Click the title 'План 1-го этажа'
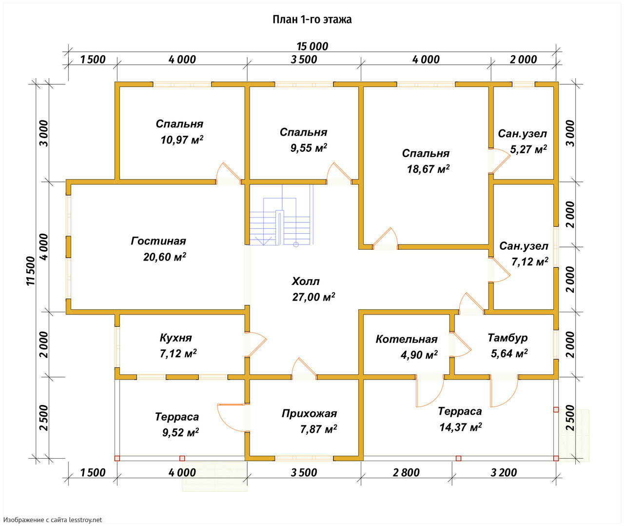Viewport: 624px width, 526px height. click(312, 20)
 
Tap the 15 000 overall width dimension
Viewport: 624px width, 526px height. click(312, 46)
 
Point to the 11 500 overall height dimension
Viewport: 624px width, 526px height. click(31, 271)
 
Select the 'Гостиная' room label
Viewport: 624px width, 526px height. click(158, 241)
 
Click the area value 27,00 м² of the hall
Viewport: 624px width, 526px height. click(313, 297)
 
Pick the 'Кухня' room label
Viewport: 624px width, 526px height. click(175, 338)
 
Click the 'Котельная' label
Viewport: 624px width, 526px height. click(407, 339)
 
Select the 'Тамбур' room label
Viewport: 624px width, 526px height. click(507, 338)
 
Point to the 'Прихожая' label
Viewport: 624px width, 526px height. click(309, 414)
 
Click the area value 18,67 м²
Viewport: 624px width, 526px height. click(428, 169)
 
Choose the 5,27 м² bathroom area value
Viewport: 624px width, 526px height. click(528, 149)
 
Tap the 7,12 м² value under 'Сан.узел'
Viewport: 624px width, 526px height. click(529, 262)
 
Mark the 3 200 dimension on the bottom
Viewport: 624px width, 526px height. click(504, 472)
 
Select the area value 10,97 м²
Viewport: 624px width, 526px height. click(182, 140)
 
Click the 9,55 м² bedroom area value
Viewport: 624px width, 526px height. click(309, 148)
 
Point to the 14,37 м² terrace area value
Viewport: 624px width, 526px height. click(461, 427)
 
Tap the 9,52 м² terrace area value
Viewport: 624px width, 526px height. click(180, 432)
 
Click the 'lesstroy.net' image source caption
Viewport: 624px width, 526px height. click(53, 520)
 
